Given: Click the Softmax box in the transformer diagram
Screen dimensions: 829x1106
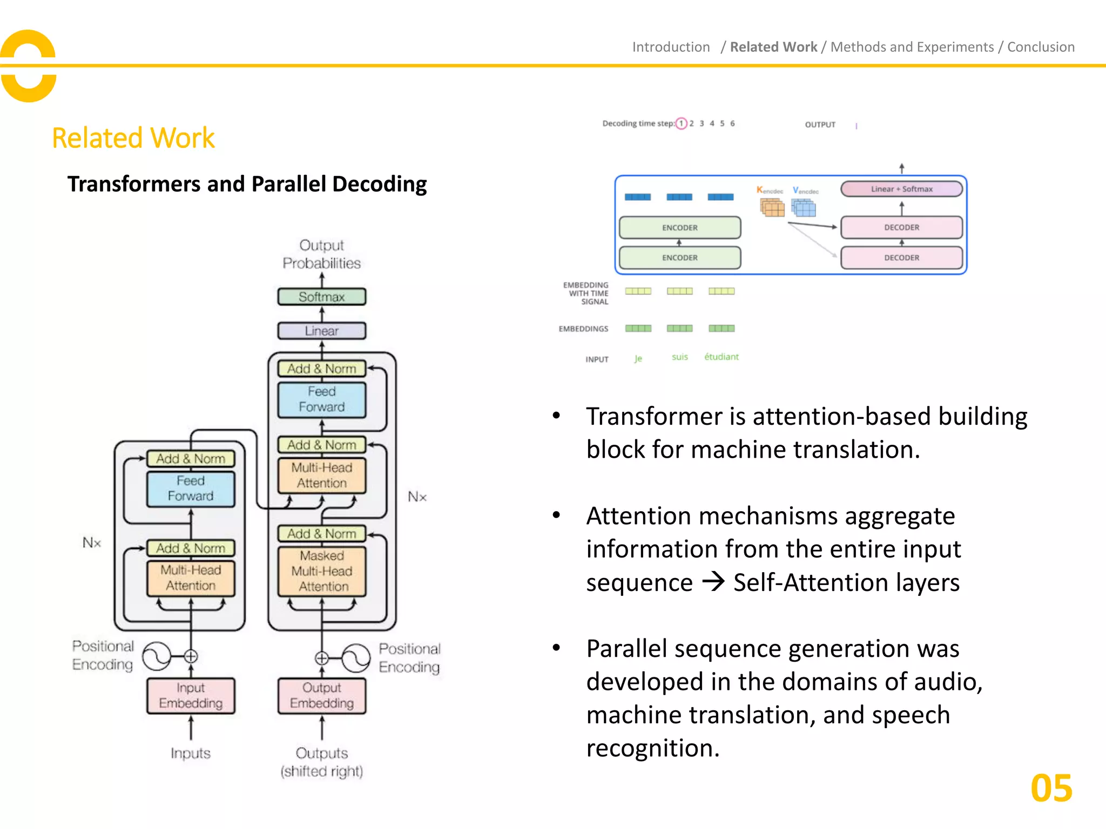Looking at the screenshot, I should click(x=321, y=297).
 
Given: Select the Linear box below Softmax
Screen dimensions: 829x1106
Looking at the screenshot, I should click(x=321, y=331).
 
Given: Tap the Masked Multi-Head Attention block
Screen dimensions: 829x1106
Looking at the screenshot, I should click(x=322, y=571).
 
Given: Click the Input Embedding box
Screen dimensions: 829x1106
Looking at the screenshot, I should click(x=191, y=696).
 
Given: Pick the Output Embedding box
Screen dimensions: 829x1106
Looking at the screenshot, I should click(x=322, y=696).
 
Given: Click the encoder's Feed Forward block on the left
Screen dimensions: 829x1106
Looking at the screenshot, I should click(x=191, y=488).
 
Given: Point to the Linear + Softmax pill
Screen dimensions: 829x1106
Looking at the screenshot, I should click(x=901, y=189).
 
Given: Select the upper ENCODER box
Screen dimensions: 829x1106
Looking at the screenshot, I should click(x=679, y=228).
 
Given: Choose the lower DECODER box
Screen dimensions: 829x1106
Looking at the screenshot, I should click(x=901, y=258).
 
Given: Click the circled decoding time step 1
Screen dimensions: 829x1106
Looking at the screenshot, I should click(x=682, y=124).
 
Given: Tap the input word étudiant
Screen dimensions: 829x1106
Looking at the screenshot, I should click(x=721, y=357).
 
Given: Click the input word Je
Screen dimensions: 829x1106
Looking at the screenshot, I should click(x=638, y=358).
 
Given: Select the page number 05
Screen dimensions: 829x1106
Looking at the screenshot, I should click(x=1051, y=789).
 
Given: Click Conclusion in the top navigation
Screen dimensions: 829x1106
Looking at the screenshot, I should click(x=1041, y=47).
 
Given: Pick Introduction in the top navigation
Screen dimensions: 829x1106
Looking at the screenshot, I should click(x=671, y=47).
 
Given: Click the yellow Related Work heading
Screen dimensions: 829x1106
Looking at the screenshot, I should click(x=133, y=138).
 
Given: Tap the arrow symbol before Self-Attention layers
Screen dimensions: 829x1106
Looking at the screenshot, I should click(x=713, y=582).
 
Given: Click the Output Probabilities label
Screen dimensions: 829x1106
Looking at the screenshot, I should click(x=321, y=254).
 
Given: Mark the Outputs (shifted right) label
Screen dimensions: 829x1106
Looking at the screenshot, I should click(x=321, y=762).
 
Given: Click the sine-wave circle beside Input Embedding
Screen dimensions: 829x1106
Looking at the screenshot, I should click(x=157, y=656).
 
